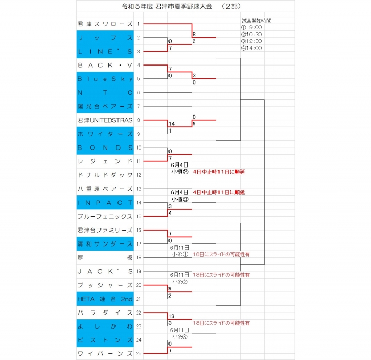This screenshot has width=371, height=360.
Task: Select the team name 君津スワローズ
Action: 105,24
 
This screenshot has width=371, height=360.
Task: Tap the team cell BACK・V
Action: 105,65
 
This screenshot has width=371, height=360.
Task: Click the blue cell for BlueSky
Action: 105,79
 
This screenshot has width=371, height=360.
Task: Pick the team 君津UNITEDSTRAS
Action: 105,120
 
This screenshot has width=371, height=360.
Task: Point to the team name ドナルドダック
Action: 105,175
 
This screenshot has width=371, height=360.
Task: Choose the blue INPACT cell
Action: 105,203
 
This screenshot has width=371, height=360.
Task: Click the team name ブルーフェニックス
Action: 105,216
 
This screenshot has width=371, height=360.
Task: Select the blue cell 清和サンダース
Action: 105,243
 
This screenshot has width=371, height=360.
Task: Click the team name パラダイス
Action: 105,313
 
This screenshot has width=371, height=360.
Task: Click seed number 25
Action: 139,354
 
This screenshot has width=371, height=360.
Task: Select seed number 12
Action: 139,175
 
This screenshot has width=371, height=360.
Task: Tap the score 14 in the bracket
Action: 172,124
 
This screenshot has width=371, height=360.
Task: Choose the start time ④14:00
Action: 251,48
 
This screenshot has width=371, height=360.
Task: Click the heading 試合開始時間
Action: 257,20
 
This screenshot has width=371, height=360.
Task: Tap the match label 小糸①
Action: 180,254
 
